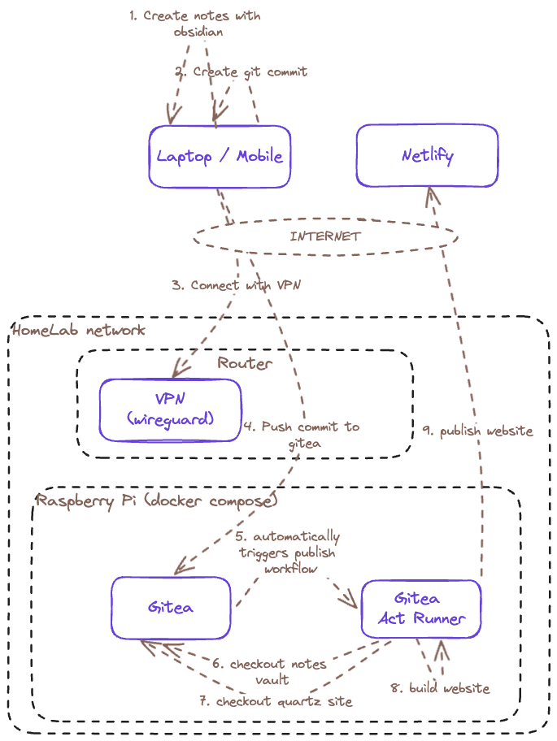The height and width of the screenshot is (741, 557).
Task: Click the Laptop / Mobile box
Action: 220,156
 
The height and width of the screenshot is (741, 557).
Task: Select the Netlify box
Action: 427,156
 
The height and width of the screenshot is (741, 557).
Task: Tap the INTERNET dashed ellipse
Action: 325,236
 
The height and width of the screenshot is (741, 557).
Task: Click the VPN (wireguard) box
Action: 171,409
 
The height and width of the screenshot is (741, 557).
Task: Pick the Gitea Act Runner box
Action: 420,609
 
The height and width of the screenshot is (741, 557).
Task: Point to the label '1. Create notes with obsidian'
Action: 195,24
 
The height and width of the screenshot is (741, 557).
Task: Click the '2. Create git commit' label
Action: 242,71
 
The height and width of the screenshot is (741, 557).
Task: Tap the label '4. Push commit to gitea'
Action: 301,435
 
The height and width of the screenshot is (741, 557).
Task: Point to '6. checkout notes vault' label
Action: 272,671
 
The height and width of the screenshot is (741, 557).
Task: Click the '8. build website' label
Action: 440,688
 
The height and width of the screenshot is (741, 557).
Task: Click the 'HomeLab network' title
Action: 79,329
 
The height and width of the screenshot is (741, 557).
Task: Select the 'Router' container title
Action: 245,362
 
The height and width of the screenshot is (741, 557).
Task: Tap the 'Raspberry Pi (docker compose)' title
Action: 156,500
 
